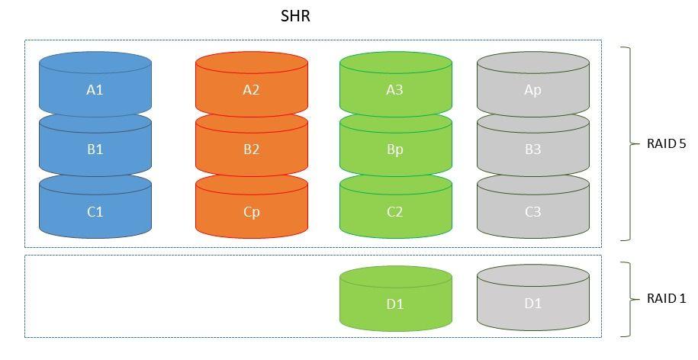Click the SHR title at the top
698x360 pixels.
[x=295, y=16]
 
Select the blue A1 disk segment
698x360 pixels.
[x=95, y=90]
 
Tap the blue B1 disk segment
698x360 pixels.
[x=95, y=149]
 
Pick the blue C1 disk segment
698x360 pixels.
[x=95, y=212]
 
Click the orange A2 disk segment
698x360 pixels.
[x=251, y=90]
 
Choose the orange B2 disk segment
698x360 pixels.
[x=251, y=149]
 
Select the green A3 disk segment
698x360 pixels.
[x=394, y=90]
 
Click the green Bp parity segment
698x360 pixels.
[x=394, y=149]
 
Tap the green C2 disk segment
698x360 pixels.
[x=394, y=212]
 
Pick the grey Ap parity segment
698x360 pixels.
[x=532, y=90]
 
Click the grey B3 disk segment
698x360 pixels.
[x=532, y=149]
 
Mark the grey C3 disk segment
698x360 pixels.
[x=532, y=212]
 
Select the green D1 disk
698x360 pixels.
[x=394, y=304]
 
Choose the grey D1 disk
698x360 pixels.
[x=532, y=304]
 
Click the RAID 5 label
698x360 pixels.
[x=666, y=143]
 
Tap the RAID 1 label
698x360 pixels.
[x=666, y=298]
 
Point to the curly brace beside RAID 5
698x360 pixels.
[x=628, y=143]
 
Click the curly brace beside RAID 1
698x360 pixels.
[x=628, y=298]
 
